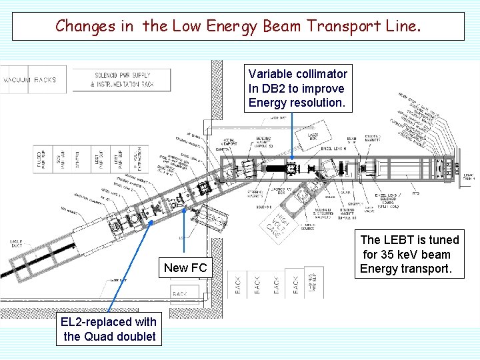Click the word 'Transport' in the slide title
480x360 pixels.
click(347, 26)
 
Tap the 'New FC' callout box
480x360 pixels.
click(185, 268)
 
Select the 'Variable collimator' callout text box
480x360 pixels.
click(297, 88)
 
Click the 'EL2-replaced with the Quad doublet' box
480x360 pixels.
click(109, 329)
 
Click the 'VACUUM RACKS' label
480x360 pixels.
click(31, 80)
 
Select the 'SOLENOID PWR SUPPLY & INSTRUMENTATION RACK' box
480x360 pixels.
click(123, 80)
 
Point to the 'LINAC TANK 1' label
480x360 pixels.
click(469, 174)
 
